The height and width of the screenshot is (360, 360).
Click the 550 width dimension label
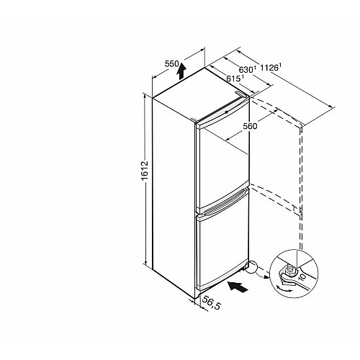point(171,64)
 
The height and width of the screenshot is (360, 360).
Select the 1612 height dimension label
point(145,171)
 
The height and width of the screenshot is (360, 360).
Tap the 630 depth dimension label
point(248,69)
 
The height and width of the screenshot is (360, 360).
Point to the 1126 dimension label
point(271,67)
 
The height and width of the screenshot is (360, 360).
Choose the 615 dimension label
point(235,78)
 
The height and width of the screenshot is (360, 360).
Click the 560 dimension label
point(250,126)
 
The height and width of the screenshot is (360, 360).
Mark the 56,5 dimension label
point(212,303)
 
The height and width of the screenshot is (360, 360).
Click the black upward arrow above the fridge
point(181,71)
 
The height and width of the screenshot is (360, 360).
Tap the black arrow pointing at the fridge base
point(238,287)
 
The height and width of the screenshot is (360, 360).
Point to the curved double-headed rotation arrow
point(284,289)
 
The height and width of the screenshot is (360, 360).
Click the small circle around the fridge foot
point(251,267)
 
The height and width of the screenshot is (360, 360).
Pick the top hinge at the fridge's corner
point(241,94)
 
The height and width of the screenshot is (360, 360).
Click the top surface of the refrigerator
point(199,95)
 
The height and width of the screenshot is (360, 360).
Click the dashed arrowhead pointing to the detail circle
point(266,277)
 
